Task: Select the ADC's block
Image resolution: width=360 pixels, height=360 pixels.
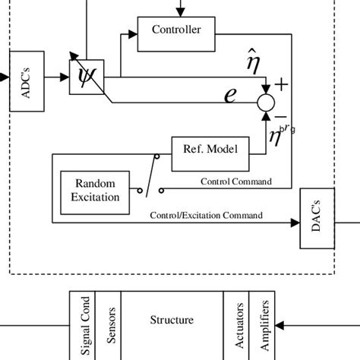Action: pyautogui.click(x=21, y=77)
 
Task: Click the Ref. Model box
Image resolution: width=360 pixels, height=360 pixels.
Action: pyautogui.click(x=209, y=150)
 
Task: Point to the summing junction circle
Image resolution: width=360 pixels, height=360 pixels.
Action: pyautogui.click(x=267, y=100)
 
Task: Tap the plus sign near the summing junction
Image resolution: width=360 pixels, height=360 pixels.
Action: pyautogui.click(x=283, y=84)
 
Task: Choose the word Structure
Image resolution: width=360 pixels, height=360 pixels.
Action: pyautogui.click(x=171, y=321)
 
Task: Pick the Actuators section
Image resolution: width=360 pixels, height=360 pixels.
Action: pyautogui.click(x=238, y=324)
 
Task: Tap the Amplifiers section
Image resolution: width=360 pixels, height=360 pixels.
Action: pyautogui.click(x=266, y=324)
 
